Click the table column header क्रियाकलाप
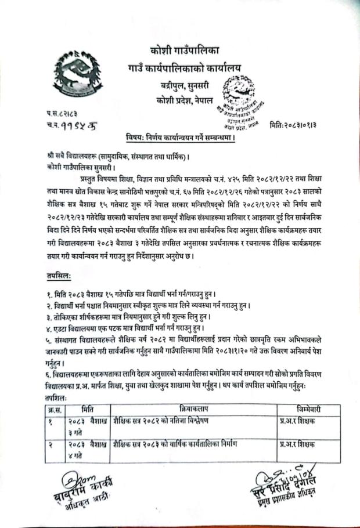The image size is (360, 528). click(193, 408)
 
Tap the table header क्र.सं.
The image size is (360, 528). click(54, 408)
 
